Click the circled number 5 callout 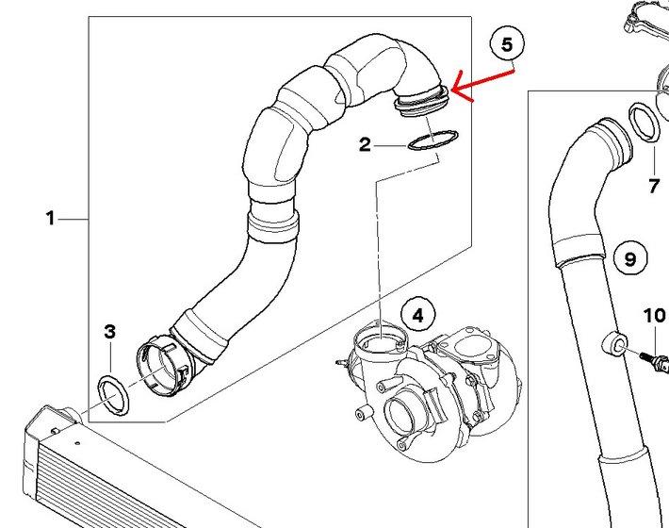point(507,44)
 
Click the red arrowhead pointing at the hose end point(459,89)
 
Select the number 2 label point(366,145)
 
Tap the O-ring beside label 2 point(433,140)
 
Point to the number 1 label point(51,218)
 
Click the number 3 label point(109,332)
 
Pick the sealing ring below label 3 point(114,395)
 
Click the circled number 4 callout point(418,315)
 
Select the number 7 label point(654,186)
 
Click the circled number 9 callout point(630,258)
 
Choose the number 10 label point(654,316)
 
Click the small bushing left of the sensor point(614,343)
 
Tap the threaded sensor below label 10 point(654,359)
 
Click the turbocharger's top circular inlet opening point(381,339)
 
